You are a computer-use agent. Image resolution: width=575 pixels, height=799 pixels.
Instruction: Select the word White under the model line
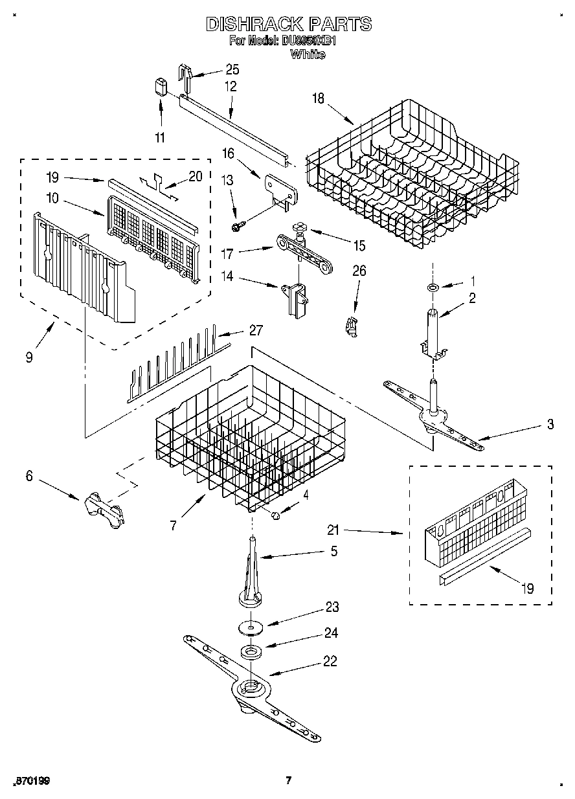point(308,55)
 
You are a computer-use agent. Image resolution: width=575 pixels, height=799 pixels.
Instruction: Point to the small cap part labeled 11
point(161,87)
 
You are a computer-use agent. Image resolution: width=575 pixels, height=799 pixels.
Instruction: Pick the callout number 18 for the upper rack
point(317,98)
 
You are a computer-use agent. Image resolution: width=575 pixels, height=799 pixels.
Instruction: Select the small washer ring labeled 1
point(433,286)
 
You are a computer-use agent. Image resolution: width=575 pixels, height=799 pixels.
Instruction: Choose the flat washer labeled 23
point(249,627)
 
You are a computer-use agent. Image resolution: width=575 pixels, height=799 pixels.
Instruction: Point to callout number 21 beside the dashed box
point(332,531)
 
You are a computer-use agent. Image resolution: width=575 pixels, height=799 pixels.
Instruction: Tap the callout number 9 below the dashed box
point(29,356)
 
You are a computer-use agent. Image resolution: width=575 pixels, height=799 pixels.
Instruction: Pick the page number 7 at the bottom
point(289,780)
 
